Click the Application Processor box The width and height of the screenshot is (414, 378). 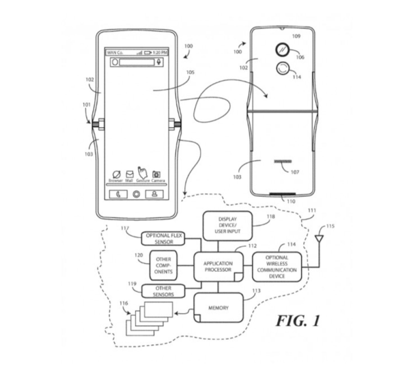tap(218, 266)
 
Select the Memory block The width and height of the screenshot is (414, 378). tap(218, 308)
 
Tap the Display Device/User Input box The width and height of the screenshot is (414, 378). tap(227, 225)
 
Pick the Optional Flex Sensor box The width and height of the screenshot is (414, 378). tap(163, 238)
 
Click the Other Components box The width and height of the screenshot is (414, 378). tap(163, 265)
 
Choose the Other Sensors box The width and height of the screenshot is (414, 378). tap(163, 291)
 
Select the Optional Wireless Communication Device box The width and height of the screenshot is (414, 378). tap(277, 267)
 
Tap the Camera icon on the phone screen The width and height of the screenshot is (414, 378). tap(156, 174)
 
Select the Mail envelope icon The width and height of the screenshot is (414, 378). tap(129, 174)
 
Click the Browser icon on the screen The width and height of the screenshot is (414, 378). tap(116, 174)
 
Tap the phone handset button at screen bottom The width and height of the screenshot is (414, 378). tap(118, 194)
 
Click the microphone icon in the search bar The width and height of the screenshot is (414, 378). tap(159, 62)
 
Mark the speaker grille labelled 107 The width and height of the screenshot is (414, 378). tap(283, 162)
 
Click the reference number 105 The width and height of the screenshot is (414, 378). tap(190, 73)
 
